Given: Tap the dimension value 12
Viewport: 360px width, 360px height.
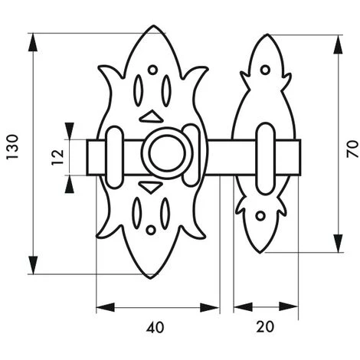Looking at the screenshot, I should pos(57,158).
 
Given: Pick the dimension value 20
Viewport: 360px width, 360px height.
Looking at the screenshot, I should pos(265,327).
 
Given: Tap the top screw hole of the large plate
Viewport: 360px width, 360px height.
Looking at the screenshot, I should pos(152,70).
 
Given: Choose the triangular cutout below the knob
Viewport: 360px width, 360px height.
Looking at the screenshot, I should pos(151,187).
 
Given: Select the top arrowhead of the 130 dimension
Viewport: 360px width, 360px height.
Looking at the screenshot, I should pos(31,41).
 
